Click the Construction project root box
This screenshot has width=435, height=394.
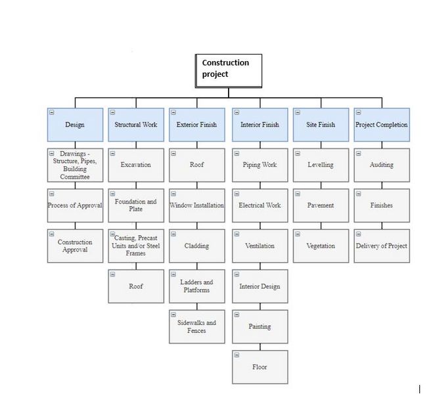click(x=228, y=70)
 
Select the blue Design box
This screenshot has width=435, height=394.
click(x=75, y=125)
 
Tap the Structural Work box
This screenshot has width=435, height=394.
click(x=136, y=125)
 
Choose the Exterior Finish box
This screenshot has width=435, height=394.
click(x=197, y=125)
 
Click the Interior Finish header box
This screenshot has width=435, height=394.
click(x=260, y=125)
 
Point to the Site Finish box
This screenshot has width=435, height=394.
click(x=321, y=125)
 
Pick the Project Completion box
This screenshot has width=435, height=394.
click(x=382, y=125)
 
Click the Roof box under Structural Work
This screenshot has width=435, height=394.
click(x=136, y=286)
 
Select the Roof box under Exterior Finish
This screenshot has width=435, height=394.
click(x=197, y=165)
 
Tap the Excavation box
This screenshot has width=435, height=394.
click(x=136, y=165)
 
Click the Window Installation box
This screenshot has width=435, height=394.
click(x=197, y=206)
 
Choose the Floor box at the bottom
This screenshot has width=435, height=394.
click(x=260, y=367)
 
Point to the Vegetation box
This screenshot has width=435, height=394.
click(x=321, y=246)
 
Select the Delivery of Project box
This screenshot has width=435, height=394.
click(x=382, y=246)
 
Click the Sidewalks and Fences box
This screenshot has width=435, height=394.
click(x=197, y=326)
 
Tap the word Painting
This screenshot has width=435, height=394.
click(x=260, y=326)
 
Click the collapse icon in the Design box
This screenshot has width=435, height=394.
click(x=51, y=112)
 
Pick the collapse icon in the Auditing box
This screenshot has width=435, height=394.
click(x=358, y=153)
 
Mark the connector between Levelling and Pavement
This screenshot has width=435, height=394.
click(x=321, y=185)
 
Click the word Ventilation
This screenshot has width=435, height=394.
click(x=260, y=246)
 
